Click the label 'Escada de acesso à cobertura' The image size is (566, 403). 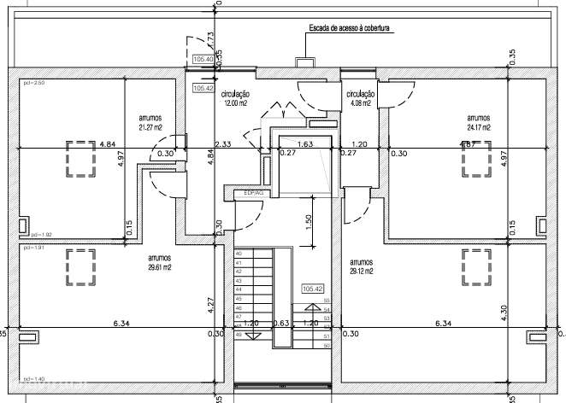click(x=350, y=28)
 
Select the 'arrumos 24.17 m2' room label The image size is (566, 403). click(x=478, y=123)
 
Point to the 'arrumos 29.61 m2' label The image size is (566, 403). click(x=158, y=262)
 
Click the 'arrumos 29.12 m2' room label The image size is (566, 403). click(x=363, y=266)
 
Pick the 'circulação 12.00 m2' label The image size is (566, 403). click(x=235, y=98)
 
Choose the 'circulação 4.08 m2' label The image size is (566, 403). click(x=360, y=98)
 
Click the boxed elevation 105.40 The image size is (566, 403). click(x=203, y=59)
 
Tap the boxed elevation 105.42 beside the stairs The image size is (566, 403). click(x=312, y=289)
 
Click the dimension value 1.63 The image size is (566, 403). click(x=305, y=144)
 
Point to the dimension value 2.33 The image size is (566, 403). click(x=223, y=144)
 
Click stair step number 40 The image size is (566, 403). click(x=239, y=254)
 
